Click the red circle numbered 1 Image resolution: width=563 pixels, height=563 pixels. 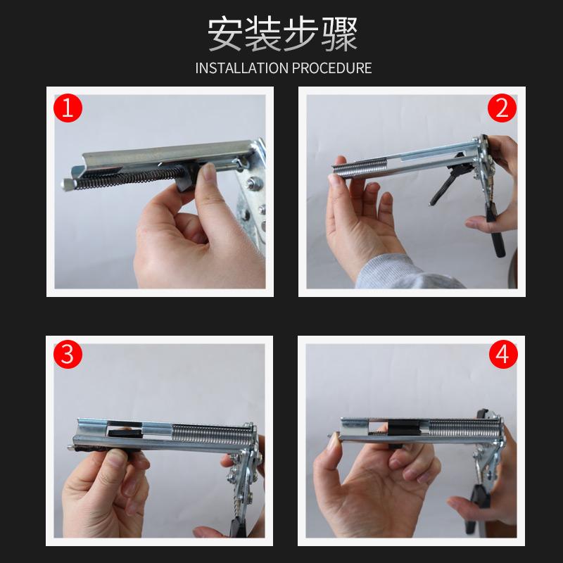tap(68, 108)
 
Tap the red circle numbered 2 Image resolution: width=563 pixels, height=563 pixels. tap(502, 108)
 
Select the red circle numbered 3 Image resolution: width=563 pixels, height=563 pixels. tap(68, 354)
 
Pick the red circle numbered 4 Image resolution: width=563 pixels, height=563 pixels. tap(502, 354)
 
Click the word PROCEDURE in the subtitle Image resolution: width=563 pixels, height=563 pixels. tap(331, 68)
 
